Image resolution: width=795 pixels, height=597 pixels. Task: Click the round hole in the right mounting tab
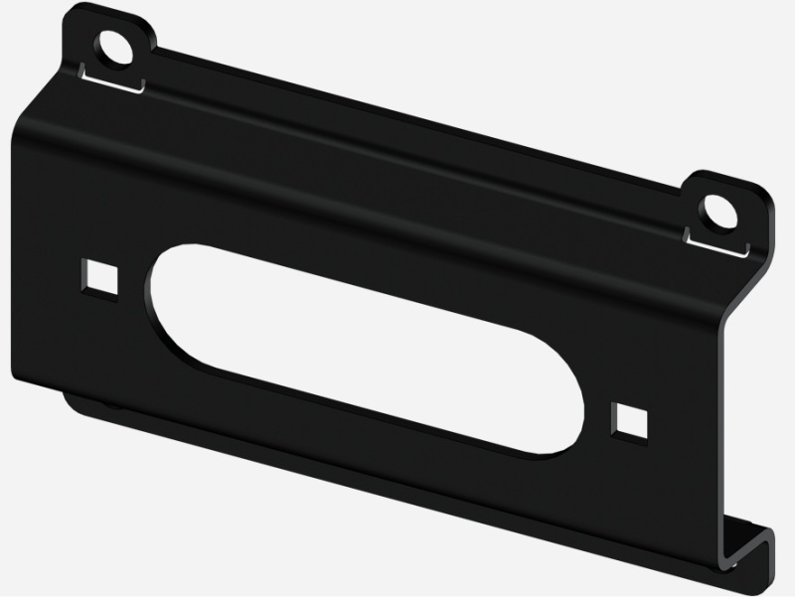[714, 210]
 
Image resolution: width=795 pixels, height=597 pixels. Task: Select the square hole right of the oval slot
[628, 418]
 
